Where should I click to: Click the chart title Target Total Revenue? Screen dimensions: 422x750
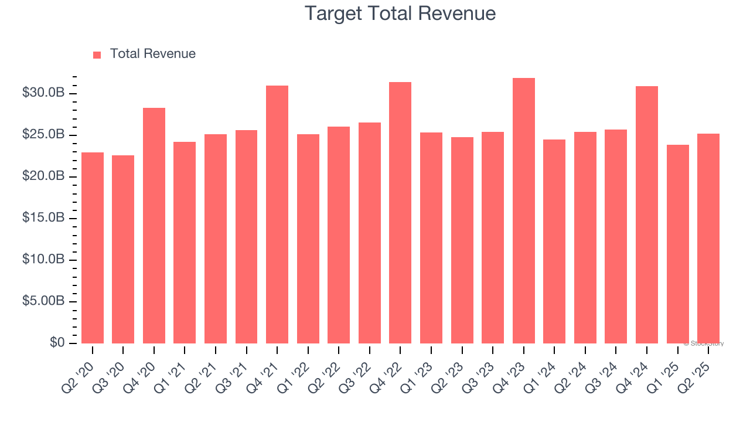point(400,13)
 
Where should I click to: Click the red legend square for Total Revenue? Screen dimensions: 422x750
point(97,55)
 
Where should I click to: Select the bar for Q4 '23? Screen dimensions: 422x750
point(523,211)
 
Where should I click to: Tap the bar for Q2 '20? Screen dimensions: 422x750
point(93,248)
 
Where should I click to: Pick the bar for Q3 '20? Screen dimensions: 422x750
point(123,249)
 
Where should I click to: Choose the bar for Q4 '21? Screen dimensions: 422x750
point(277,215)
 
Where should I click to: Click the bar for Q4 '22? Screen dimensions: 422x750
point(400,213)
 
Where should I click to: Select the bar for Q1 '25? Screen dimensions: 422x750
point(677,244)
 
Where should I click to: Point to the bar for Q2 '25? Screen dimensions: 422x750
point(708,239)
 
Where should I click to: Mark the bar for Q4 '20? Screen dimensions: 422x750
point(154,226)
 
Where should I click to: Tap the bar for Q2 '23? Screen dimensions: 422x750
point(462,240)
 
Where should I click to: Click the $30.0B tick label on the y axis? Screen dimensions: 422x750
point(43,93)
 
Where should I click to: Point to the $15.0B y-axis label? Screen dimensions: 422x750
point(43,218)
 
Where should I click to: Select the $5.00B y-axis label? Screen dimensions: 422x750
point(43,301)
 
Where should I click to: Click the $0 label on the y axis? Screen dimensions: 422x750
point(57,342)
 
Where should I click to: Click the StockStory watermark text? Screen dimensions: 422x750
point(704,343)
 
